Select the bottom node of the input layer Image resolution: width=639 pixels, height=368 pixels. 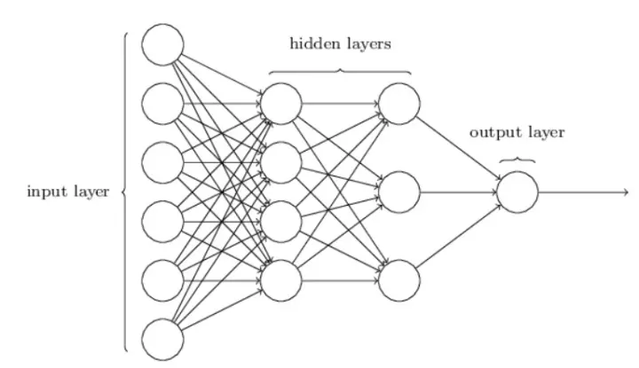click(163, 340)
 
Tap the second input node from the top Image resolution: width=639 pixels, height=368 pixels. click(163, 103)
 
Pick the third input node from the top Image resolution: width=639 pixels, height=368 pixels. click(163, 162)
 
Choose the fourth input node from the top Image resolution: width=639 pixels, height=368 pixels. click(163, 221)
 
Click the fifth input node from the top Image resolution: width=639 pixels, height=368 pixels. click(163, 280)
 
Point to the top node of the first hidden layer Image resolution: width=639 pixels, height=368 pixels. click(281, 103)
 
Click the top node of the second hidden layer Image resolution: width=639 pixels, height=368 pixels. click(398, 103)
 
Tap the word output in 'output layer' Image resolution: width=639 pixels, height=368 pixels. click(492, 134)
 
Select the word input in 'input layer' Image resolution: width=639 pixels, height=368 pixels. click(44, 192)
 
